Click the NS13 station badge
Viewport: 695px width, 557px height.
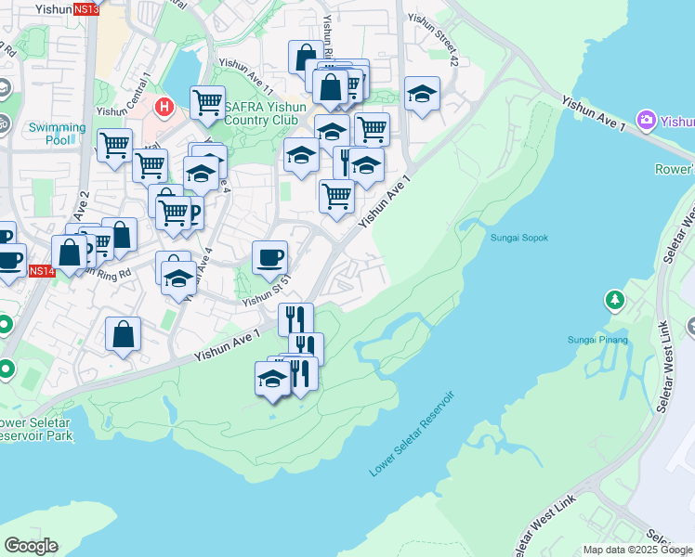point(85,9)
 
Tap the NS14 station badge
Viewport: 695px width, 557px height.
point(42,271)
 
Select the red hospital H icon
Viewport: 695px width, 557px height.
point(164,107)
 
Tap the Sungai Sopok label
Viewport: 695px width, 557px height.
point(518,238)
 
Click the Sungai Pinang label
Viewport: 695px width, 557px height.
point(598,340)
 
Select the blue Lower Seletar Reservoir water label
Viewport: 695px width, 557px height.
point(412,434)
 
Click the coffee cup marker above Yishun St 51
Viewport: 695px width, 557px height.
point(269,256)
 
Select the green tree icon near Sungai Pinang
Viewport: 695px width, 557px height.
point(613,300)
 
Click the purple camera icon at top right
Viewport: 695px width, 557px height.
point(648,120)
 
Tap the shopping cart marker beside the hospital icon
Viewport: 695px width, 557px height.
point(207,101)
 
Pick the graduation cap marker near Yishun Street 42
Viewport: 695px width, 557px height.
point(422,93)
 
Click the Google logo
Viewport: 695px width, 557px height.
point(31,546)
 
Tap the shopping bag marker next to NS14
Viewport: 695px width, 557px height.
point(70,251)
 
